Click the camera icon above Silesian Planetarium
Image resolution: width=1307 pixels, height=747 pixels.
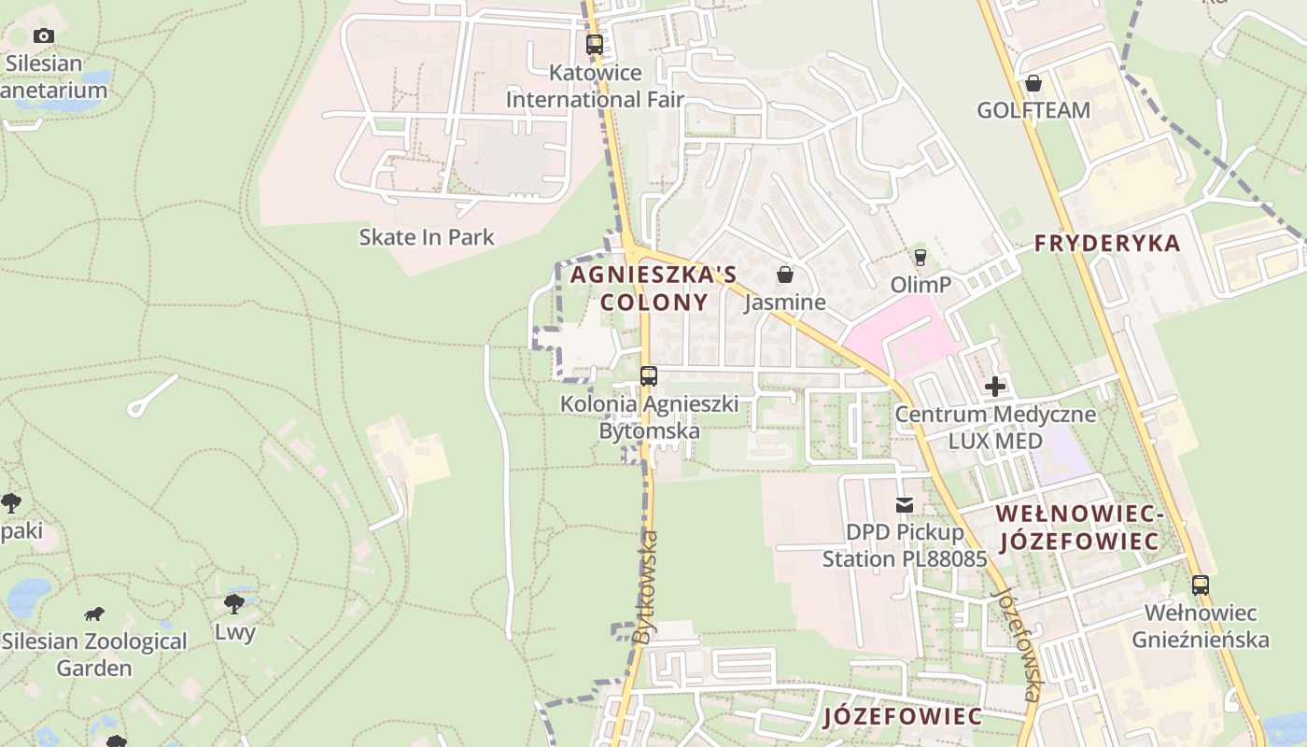[43, 36]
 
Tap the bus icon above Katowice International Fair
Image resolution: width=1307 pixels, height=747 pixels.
[595, 44]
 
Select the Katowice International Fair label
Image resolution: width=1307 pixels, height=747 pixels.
[595, 86]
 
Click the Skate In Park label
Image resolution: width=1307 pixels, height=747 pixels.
[427, 237]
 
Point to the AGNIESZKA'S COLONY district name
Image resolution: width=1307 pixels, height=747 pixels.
[653, 289]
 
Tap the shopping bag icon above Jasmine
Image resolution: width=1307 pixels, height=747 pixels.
[785, 275]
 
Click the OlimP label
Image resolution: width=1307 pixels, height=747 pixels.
[921, 284]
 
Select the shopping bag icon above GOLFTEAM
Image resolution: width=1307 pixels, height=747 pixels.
[1033, 83]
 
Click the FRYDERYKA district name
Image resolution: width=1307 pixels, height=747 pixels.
[1107, 244]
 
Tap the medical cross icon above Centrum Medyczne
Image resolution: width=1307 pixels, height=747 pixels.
[995, 386]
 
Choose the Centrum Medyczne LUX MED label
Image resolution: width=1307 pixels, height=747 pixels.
[995, 427]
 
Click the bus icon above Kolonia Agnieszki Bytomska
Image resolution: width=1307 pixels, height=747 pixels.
[649, 376]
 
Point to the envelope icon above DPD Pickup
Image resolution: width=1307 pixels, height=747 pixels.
[905, 505]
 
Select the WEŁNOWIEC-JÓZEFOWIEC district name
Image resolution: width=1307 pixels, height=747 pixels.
[1077, 528]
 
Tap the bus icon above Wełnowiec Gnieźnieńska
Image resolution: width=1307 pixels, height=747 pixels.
[1201, 585]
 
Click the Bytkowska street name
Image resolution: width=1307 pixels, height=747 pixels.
[645, 586]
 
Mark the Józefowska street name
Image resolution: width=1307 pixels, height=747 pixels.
[1016, 644]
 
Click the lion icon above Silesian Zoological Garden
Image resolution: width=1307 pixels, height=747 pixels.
[94, 614]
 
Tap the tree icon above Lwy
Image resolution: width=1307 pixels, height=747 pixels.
[234, 604]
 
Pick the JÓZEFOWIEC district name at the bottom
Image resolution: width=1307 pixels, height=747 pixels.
[903, 717]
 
